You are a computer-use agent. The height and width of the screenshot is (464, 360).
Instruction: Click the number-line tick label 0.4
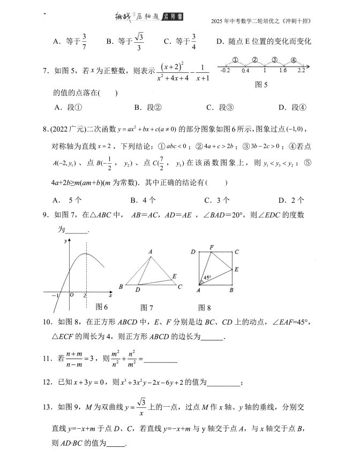(x=245, y=71)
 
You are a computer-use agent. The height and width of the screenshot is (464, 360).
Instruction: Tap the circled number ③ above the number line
(x=274, y=59)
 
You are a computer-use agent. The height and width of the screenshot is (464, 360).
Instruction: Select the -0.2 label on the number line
(x=225, y=71)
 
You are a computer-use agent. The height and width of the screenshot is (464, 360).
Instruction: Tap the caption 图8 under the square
(x=205, y=307)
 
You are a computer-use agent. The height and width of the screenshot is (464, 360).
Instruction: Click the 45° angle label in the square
(x=207, y=278)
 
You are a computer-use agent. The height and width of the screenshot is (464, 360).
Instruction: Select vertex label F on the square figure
(x=212, y=247)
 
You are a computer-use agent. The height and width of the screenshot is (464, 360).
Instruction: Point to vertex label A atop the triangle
(x=151, y=252)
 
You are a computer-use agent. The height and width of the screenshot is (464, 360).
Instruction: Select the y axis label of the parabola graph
(x=65, y=242)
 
